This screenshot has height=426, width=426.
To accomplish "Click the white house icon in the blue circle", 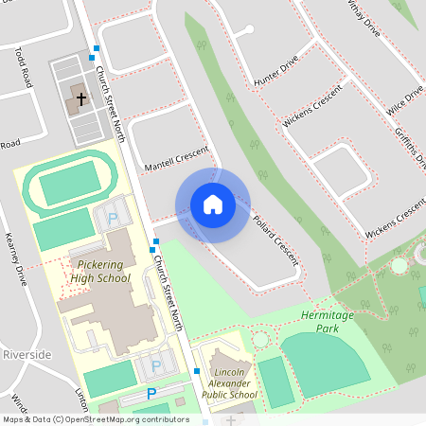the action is tap(213, 204).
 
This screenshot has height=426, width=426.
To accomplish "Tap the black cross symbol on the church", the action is tap(80, 98).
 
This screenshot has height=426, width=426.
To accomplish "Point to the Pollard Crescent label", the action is tap(275, 236).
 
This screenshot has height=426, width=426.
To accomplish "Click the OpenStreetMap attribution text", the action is tap(95, 418).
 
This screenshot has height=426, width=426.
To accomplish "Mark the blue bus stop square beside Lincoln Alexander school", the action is tap(196, 371).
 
